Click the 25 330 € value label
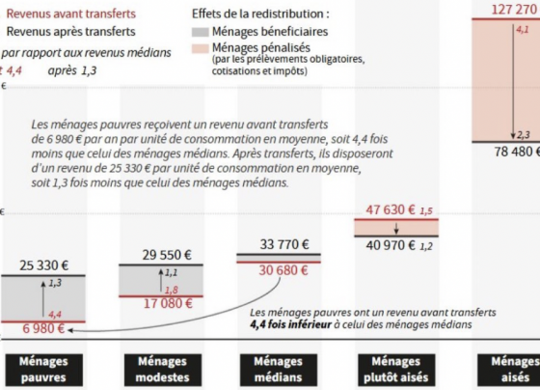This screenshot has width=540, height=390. coord(43,265)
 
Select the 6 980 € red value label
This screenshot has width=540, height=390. coord(43,328)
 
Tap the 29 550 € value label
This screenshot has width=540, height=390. coord(167,255)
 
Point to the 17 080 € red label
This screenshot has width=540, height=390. coord(168,303)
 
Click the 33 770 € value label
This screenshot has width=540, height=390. coord(284,244)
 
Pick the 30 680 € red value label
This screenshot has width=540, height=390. coord(283,270)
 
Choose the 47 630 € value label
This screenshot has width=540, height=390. coord(391,209)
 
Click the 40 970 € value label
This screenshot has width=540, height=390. coord(391,245)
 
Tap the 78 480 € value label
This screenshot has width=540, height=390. coord(517,152)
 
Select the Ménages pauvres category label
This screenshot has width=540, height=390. coord(43,370)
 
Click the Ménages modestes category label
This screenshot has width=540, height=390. coord(163,370)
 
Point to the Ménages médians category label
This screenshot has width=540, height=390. coord(279,370)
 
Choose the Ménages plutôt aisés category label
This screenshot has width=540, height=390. coord(396,370)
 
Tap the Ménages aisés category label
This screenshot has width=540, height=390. coord(509,370)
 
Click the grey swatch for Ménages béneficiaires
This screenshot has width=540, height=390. coord(201,32)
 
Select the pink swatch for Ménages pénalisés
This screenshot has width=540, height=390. coord(201,48)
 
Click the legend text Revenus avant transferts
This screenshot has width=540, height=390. coord(71,14)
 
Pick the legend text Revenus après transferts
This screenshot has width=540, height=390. coord(71,32)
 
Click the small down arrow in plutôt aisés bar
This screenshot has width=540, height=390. coord(396,228)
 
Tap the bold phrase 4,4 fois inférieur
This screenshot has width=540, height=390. coord(290,324)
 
